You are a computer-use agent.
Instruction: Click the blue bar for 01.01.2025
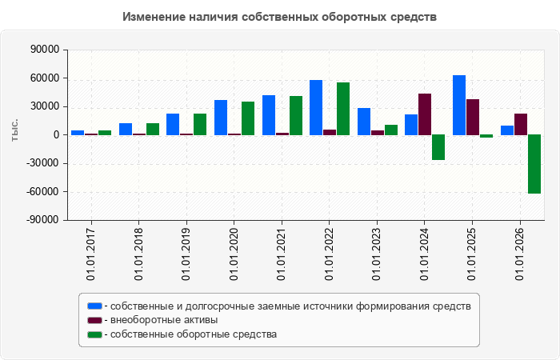459,106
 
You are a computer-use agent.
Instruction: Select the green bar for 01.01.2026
534,164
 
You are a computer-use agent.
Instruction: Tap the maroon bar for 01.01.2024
425,114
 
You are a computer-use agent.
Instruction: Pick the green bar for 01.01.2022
343,109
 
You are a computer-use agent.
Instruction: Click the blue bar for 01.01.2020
221,118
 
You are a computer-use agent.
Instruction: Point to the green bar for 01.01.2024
438,147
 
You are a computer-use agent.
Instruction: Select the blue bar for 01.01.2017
78,133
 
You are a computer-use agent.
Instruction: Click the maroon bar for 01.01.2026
521,125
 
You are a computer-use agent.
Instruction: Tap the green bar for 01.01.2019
200,125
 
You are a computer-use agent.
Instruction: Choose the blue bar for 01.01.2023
364,122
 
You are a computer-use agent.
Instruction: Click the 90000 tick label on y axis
45,50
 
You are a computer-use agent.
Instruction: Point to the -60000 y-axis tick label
42,192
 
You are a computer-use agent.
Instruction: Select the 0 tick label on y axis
56,135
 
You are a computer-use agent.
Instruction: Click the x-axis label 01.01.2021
282,254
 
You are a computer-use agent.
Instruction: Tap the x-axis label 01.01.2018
138,254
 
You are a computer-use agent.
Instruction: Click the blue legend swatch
94,306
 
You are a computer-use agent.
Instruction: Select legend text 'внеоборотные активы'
164,320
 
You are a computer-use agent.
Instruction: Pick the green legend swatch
94,334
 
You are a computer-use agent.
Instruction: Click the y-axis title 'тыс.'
14,130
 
